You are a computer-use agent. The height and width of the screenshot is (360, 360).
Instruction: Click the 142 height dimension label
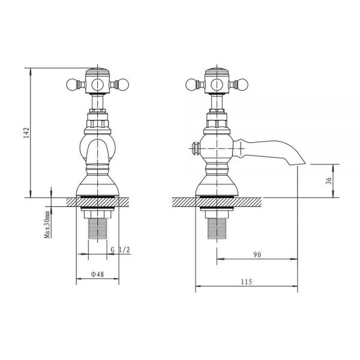coord(26,133)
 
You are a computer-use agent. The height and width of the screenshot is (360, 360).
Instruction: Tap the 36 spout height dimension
coord(329,181)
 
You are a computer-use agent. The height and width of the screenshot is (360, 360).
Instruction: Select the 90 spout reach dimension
coord(257,254)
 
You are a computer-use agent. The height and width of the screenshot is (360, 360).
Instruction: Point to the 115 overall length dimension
coord(247,282)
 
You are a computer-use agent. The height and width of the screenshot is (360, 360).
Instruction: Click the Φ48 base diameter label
coord(98,274)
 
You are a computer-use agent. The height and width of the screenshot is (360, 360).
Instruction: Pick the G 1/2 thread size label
coord(121,250)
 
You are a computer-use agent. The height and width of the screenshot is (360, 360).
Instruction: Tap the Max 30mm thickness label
coord(47,224)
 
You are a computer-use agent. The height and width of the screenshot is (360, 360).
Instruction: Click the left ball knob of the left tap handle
coord(71,85)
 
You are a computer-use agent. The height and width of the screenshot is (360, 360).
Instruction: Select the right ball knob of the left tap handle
coord(123,85)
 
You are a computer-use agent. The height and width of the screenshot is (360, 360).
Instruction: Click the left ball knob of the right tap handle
coord(191,85)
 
